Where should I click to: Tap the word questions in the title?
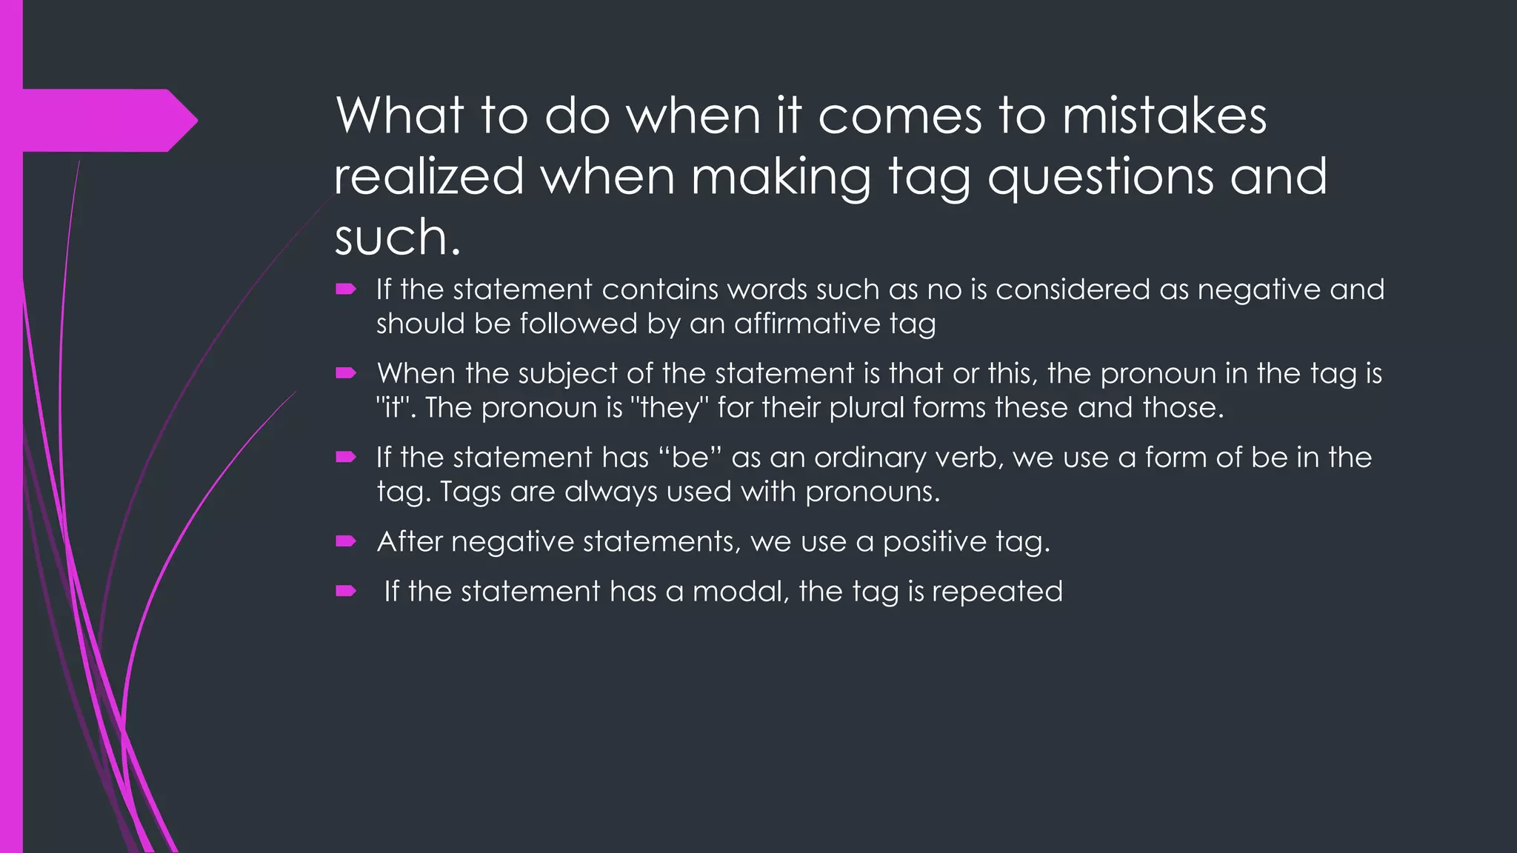(1100, 178)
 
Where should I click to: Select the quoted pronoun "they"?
(670, 408)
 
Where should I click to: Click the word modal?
(740, 592)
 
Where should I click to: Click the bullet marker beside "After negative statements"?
(346, 542)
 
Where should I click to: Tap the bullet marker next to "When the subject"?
(346, 373)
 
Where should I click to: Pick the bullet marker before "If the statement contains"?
(346, 290)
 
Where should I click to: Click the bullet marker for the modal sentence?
(346, 591)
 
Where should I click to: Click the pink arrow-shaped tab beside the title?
(104, 120)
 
